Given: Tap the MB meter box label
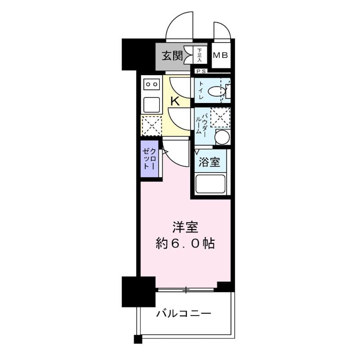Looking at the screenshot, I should click(x=221, y=56).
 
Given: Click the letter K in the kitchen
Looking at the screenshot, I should click(x=175, y=101).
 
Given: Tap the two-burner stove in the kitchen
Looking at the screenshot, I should click(x=152, y=84).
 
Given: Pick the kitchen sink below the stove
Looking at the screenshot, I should click(x=152, y=104).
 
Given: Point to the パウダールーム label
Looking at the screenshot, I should click(x=201, y=122).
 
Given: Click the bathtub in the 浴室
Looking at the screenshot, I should click(x=211, y=184).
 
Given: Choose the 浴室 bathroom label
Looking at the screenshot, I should click(x=210, y=162).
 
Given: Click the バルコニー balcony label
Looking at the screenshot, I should click(x=183, y=313).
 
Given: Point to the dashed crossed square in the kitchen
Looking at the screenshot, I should click(x=151, y=126).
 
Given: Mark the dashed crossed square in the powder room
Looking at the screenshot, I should click(x=221, y=117).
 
